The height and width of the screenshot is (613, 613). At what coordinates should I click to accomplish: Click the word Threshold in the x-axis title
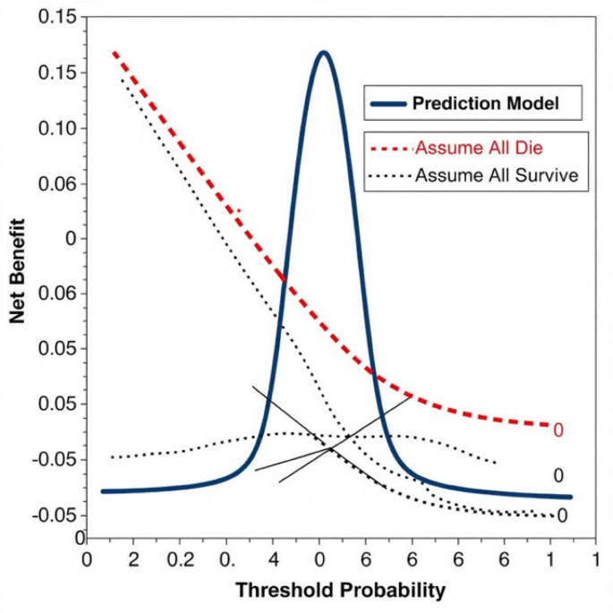(x=277, y=591)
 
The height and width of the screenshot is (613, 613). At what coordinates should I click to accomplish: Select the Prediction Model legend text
(x=485, y=104)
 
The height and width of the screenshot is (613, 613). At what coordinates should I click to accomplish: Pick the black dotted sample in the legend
(x=390, y=176)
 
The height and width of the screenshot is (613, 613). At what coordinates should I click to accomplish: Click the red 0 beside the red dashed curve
(x=558, y=430)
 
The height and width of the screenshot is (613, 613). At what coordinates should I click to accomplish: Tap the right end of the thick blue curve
(x=569, y=497)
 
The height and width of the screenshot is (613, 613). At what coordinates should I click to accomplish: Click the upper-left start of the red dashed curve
(x=114, y=53)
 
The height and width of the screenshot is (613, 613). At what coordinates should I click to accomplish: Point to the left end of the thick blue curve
(x=103, y=491)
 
